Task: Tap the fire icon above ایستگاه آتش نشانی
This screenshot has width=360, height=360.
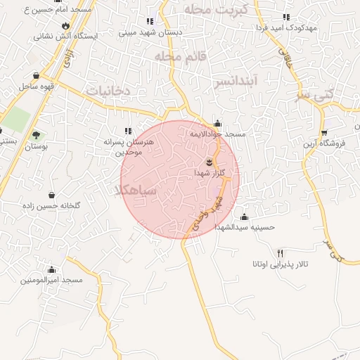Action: point(66,26)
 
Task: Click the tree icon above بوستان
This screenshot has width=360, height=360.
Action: point(36,134)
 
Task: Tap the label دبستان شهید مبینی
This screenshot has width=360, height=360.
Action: point(150,32)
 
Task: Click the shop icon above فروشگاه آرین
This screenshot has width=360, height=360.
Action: point(324,133)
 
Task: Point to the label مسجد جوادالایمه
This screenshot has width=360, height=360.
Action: point(217,133)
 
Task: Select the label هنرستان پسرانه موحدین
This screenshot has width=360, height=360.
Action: point(127,146)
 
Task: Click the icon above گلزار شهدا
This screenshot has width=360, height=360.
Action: point(207,162)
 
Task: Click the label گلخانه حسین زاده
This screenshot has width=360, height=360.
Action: point(52,205)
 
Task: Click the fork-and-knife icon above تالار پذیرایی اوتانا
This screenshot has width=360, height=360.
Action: point(280,253)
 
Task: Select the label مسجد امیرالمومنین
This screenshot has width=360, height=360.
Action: point(51,280)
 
